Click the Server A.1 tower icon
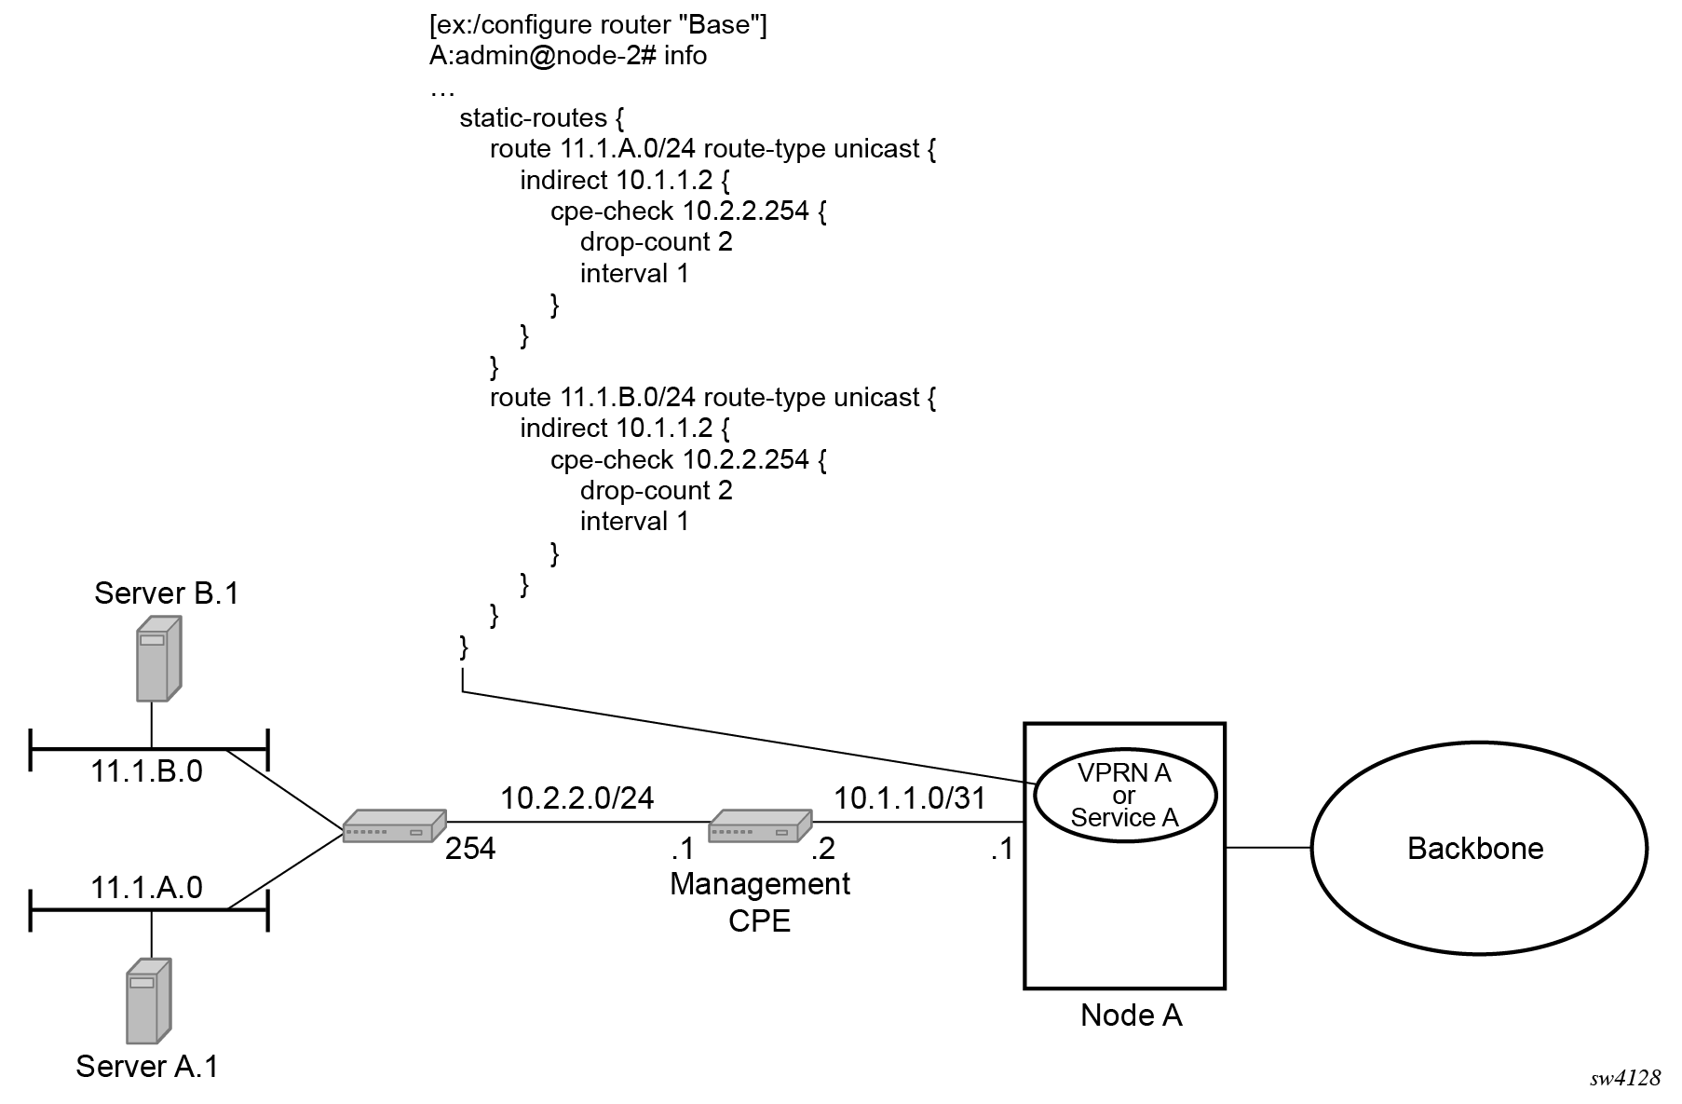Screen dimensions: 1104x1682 pyautogui.click(x=148, y=1001)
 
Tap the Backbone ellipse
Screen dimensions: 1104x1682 pyautogui.click(x=1478, y=848)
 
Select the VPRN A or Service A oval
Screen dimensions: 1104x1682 pyautogui.click(x=1124, y=795)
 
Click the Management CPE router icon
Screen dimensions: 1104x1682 pyautogui.click(x=760, y=825)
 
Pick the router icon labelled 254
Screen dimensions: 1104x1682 pyautogui.click(x=394, y=826)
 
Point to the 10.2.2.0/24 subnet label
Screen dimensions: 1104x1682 pyautogui.click(x=576, y=797)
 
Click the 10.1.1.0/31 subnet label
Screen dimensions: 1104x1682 pyautogui.click(x=909, y=797)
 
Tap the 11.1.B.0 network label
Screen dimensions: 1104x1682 pyautogui.click(x=146, y=771)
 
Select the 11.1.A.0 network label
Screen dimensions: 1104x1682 pyautogui.click(x=146, y=887)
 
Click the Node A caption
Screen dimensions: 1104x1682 pyautogui.click(x=1131, y=1015)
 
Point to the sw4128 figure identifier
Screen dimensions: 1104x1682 pyautogui.click(x=1625, y=1078)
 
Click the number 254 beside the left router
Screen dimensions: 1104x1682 pyautogui.click(x=470, y=848)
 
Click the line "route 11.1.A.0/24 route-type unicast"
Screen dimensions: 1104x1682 pyautogui.click(x=712, y=149)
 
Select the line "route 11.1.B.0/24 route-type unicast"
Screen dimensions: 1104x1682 pyautogui.click(x=712, y=398)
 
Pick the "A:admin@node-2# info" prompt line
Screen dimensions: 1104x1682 pyautogui.click(x=568, y=56)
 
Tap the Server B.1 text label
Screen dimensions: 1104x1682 pyautogui.click(x=167, y=593)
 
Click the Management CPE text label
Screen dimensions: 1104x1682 pyautogui.click(x=760, y=901)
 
